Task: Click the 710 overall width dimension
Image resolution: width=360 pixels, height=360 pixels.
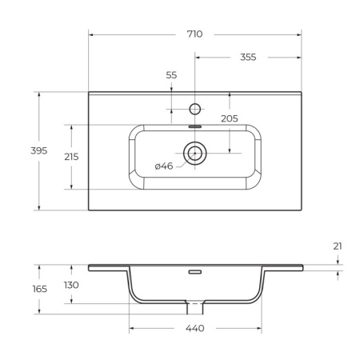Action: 194,34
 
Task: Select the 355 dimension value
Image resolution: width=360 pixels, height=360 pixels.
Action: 248,58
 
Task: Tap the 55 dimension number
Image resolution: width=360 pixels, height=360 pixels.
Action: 171,74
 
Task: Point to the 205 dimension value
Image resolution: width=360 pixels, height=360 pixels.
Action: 230,118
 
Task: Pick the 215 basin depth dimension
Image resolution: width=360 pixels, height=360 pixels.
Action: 71,157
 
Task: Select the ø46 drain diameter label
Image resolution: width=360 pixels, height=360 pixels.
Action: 164,166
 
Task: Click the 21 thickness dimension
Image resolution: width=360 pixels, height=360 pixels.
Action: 338,246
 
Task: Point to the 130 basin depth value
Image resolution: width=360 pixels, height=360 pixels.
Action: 71,286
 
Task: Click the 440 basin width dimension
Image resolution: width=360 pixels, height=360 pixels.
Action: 194,328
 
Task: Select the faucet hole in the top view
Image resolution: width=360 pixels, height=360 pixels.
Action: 194,108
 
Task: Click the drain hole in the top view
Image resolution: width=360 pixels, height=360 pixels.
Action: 194,152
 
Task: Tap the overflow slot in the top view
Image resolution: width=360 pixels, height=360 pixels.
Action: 194,125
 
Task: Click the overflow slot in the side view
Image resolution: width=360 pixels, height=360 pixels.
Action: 194,272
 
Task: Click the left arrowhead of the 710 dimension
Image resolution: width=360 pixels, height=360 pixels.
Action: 91,34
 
